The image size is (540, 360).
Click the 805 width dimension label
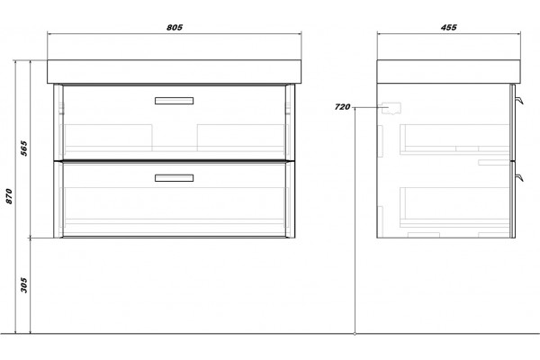pyautogui.click(x=175, y=27)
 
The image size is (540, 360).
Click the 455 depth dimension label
pyautogui.click(x=449, y=27)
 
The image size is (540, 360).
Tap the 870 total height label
pyautogui.click(x=9, y=196)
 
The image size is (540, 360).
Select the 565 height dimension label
pyautogui.click(x=23, y=148)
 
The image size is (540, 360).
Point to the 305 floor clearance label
pyautogui.click(x=23, y=285)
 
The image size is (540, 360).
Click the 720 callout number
pyautogui.click(x=342, y=107)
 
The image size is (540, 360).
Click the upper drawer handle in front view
pyautogui.click(x=174, y=101)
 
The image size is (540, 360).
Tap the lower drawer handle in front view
pyautogui.click(x=174, y=178)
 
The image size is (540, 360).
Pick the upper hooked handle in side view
pyautogui.click(x=519, y=100)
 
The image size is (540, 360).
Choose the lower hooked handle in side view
pyautogui.click(x=519, y=177)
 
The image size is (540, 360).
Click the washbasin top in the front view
pyautogui.click(x=175, y=72)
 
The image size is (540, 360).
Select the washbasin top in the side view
pyautogui.click(x=448, y=72)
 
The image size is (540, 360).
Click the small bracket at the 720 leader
pyautogui.click(x=391, y=108)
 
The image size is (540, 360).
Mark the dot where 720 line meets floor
pyautogui.click(x=355, y=334)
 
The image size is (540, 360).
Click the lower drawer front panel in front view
pyautogui.click(x=175, y=200)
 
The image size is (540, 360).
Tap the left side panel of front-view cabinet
pyautogui.click(x=58, y=161)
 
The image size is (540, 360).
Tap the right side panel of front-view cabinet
pyautogui.click(x=290, y=161)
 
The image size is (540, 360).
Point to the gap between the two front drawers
pyautogui.click(x=175, y=160)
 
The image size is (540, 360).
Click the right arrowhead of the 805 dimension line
pyautogui.click(x=300, y=34)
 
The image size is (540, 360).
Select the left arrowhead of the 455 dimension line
pyautogui.click(x=379, y=34)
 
